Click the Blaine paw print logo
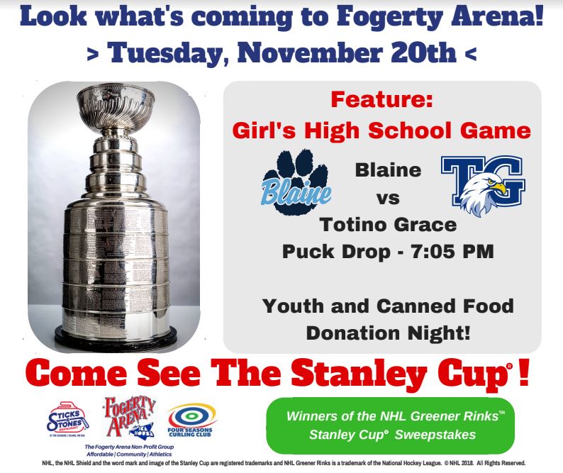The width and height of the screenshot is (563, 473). tap(296, 177)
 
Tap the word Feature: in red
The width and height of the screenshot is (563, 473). tap(382, 101)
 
